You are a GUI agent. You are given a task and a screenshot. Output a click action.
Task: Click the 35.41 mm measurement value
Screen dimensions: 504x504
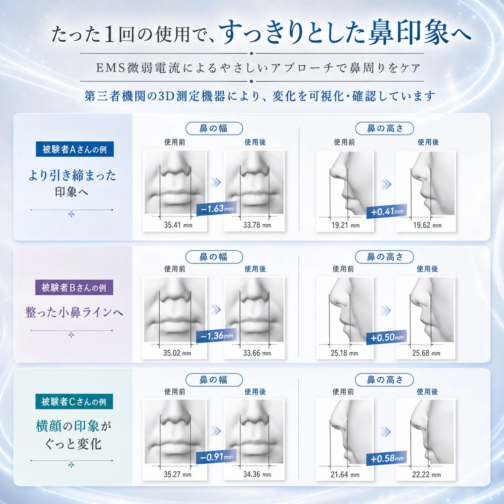[x=178, y=225]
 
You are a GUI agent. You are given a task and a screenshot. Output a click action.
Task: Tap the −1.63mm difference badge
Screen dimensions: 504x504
[x=217, y=209]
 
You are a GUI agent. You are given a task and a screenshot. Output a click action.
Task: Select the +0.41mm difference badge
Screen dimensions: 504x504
[x=387, y=211]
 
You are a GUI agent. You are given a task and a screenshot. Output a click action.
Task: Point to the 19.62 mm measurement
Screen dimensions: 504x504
[x=427, y=225]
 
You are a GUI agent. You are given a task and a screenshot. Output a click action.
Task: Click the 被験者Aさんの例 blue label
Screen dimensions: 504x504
[x=75, y=149]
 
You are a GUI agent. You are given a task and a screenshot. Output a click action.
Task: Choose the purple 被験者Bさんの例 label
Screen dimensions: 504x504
[x=74, y=288]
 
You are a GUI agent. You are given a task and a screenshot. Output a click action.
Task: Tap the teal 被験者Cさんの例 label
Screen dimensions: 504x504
[x=74, y=402]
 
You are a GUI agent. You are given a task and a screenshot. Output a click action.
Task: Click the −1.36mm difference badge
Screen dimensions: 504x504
[x=216, y=336]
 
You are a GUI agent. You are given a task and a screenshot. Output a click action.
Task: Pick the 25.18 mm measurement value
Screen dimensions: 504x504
[x=344, y=353]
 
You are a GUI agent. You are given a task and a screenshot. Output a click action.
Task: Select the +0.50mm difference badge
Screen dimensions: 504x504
[x=386, y=337]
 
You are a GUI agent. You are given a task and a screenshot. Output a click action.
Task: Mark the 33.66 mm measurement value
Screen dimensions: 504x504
[x=257, y=353]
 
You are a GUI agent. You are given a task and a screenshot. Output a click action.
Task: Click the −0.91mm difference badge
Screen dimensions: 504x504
[x=216, y=457]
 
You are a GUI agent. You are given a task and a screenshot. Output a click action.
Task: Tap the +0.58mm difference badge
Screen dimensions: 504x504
[x=386, y=458]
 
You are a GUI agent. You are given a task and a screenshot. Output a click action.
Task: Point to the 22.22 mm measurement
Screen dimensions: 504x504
[x=426, y=474]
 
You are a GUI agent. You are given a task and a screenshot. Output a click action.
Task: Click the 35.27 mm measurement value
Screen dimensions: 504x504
[x=177, y=474]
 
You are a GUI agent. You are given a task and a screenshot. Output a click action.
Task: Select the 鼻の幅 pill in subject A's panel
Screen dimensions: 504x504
[x=214, y=128]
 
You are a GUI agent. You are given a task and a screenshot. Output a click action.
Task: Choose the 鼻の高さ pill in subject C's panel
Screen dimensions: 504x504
[x=384, y=380]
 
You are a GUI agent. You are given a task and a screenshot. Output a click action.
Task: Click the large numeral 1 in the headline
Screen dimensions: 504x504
[x=109, y=35]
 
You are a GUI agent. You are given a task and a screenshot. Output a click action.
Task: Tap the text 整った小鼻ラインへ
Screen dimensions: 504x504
[x=74, y=312]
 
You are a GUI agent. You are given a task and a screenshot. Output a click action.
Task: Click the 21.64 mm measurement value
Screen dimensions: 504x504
[x=345, y=474]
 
